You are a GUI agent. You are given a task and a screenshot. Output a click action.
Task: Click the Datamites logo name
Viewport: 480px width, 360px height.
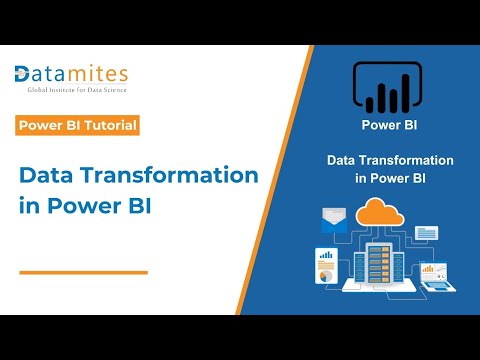tap(72, 74)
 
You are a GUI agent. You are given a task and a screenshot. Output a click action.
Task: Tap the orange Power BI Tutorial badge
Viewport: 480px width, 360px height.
tap(77, 126)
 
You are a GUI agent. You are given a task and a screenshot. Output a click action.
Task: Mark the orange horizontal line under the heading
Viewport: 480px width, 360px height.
tap(83, 271)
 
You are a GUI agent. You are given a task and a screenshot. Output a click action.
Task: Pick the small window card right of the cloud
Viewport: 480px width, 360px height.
tap(427, 232)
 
